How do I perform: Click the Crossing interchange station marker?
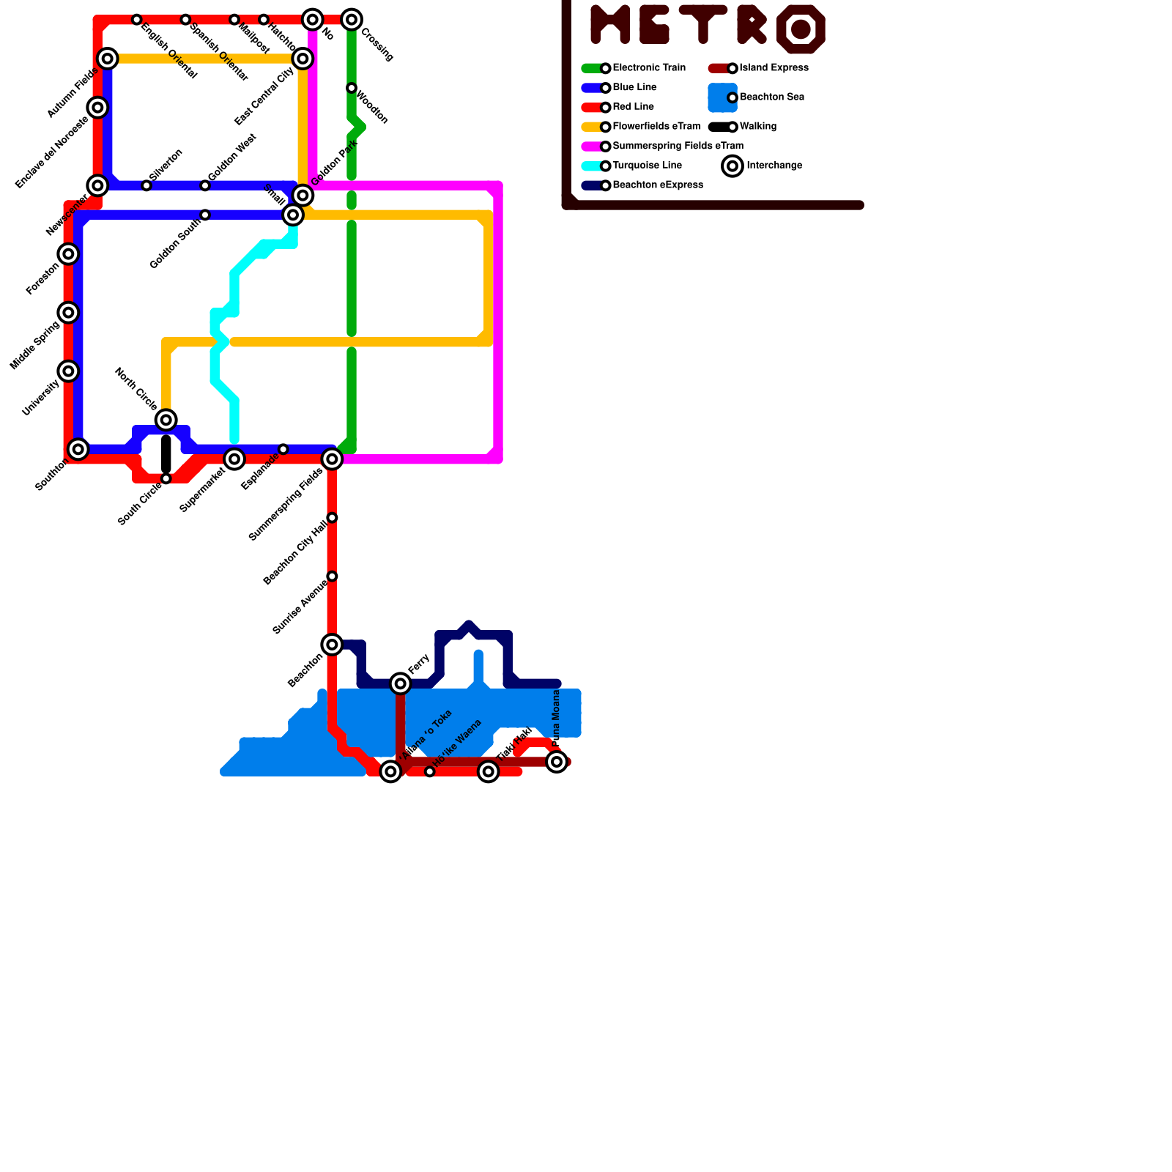[352, 20]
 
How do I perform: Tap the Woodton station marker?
[352, 89]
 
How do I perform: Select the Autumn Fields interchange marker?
[108, 59]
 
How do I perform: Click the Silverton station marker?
[146, 186]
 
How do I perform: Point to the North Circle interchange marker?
[166, 420]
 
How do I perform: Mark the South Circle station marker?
[166, 479]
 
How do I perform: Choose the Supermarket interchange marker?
[234, 459]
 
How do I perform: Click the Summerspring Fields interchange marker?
[333, 459]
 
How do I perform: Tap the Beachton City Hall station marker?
[333, 518]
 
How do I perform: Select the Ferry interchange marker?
[401, 684]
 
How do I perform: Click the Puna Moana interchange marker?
[557, 762]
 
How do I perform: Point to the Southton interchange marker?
[78, 449]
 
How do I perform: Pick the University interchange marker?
[68, 371]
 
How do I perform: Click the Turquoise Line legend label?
[648, 166]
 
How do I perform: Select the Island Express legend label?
[774, 68]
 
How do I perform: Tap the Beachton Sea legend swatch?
[722, 97]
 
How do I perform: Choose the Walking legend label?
[758, 127]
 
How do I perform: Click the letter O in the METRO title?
[801, 29]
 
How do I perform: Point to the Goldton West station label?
[232, 158]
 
